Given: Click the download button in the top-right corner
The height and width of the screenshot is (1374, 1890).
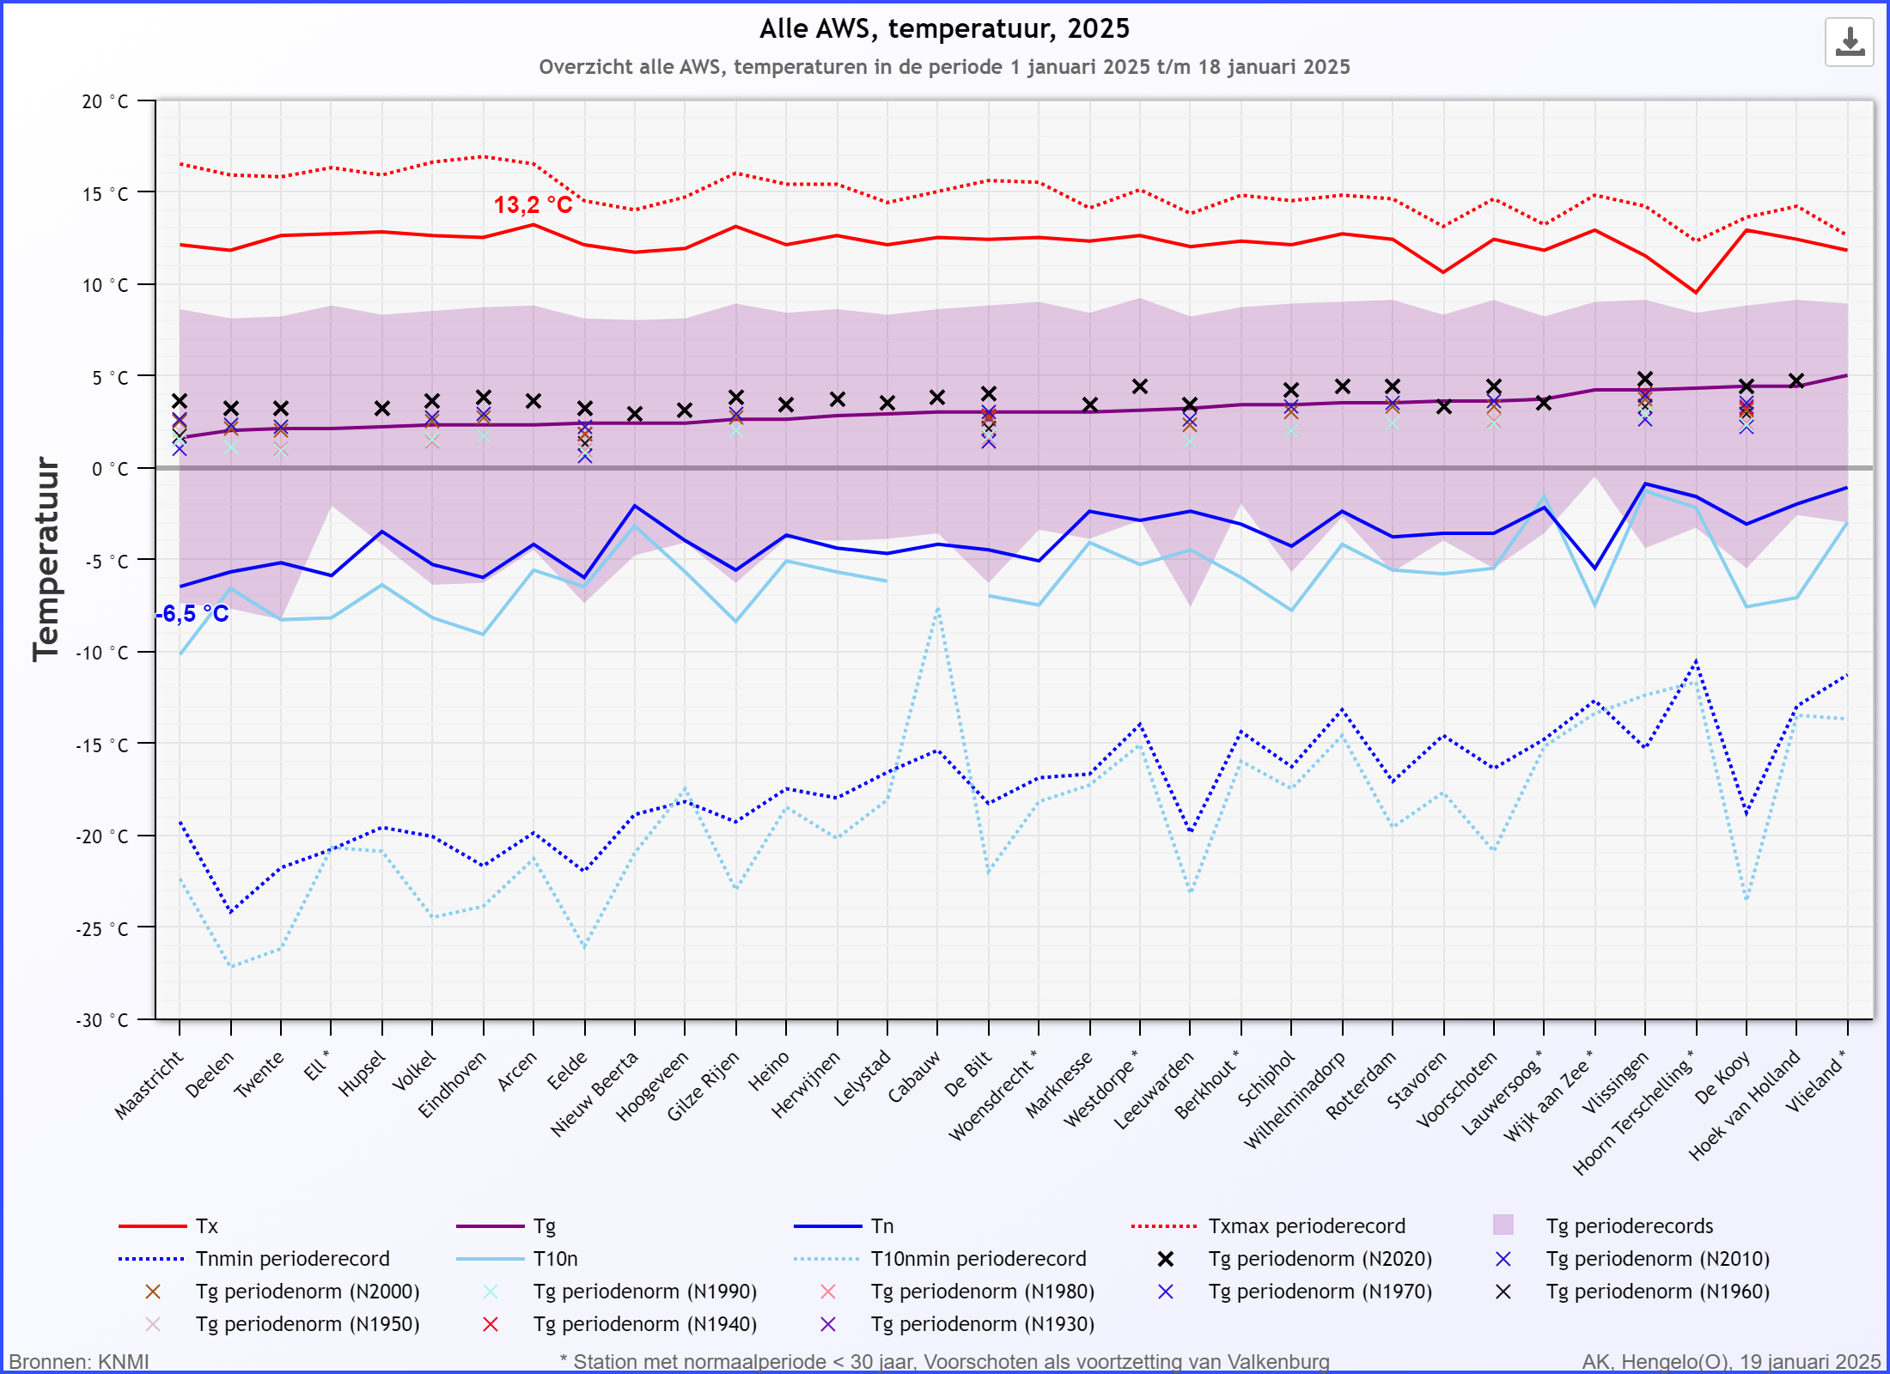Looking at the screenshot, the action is point(1849,42).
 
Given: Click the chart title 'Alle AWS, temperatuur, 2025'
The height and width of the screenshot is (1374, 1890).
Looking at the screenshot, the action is point(944,29).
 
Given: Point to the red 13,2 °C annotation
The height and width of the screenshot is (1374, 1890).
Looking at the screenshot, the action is point(533,205).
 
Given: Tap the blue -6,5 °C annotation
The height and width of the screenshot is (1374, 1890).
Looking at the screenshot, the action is point(192,614).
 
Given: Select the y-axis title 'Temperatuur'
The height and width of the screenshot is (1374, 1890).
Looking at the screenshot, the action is point(46,559).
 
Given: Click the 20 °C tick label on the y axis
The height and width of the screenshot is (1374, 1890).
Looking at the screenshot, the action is point(105,101).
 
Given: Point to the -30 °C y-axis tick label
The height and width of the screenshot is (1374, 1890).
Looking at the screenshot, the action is point(101,1020).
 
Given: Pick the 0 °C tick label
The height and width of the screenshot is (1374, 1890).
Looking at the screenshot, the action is point(110,469).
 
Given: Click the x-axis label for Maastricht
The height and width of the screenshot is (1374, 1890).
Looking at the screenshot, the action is point(149,1085).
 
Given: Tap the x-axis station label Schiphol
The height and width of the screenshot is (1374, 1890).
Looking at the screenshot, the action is point(1265,1079).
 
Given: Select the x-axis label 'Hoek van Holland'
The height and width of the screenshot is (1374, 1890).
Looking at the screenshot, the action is point(1745,1104).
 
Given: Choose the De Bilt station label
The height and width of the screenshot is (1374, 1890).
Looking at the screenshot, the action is point(968,1073).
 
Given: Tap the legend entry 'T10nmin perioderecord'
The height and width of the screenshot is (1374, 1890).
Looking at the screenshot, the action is point(940,1259).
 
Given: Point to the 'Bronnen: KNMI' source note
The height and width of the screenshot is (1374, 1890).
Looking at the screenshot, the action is point(79,1362).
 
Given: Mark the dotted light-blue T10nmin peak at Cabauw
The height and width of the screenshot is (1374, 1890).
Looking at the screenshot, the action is point(937,608).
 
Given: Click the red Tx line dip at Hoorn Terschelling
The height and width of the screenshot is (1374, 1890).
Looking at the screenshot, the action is point(1696,293).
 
